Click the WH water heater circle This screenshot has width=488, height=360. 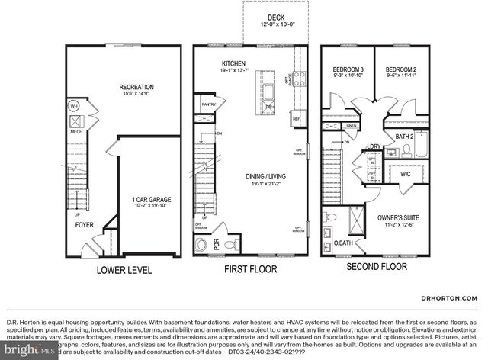75,106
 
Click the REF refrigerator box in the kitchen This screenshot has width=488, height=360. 297,119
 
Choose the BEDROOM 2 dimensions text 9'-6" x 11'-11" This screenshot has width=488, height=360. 400,75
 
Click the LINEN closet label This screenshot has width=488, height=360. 351,126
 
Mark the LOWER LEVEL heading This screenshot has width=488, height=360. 124,270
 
